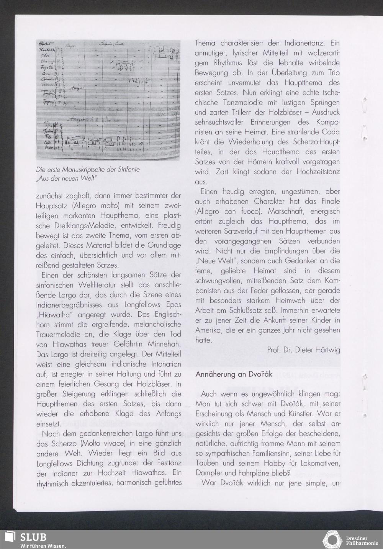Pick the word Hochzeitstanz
pyautogui.click(x=318, y=172)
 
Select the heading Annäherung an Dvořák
pyautogui.click(x=234, y=374)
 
